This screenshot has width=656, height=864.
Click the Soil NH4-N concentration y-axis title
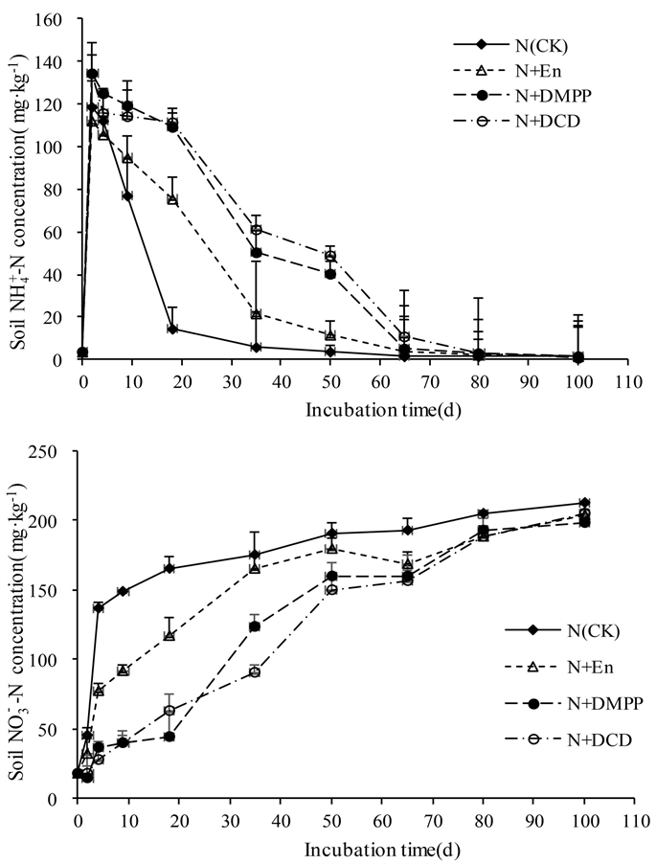(20, 189)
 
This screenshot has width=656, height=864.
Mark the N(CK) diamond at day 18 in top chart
(172, 329)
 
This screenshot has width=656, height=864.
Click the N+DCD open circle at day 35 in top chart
(257, 230)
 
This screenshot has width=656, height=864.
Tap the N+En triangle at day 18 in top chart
(172, 199)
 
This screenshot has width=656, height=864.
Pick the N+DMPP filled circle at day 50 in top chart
(330, 274)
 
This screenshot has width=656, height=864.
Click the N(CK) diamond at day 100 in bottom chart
(585, 503)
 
